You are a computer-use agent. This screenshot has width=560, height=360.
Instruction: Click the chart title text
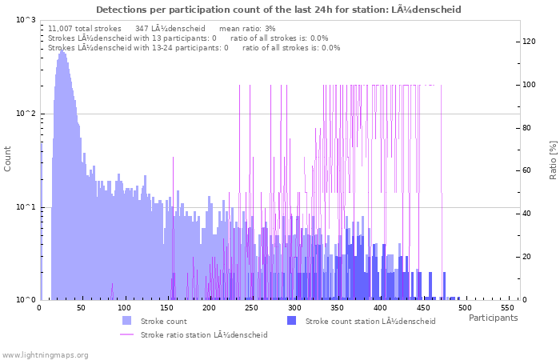tap(278, 10)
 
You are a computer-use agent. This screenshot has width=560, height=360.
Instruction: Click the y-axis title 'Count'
tap(8, 158)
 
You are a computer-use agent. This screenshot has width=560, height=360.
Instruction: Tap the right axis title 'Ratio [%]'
tap(553, 158)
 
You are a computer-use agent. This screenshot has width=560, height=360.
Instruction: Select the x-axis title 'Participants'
tap(493, 318)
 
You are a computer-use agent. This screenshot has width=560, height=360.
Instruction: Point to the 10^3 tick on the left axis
tap(26, 19)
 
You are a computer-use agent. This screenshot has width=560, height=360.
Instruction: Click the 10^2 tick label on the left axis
tap(26, 114)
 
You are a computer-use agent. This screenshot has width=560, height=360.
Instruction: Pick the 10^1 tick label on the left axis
tap(26, 207)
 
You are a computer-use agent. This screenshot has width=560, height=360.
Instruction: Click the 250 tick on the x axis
tap(251, 307)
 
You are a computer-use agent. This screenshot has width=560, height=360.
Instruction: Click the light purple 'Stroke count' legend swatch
tap(127, 321)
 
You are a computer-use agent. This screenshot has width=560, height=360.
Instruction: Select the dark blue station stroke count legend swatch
tap(291, 321)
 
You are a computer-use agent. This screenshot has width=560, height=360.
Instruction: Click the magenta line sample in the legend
tap(127, 334)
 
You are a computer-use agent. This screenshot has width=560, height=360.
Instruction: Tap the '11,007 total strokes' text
tap(85, 28)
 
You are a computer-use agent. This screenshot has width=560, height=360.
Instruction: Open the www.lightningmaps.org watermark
tap(46, 354)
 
